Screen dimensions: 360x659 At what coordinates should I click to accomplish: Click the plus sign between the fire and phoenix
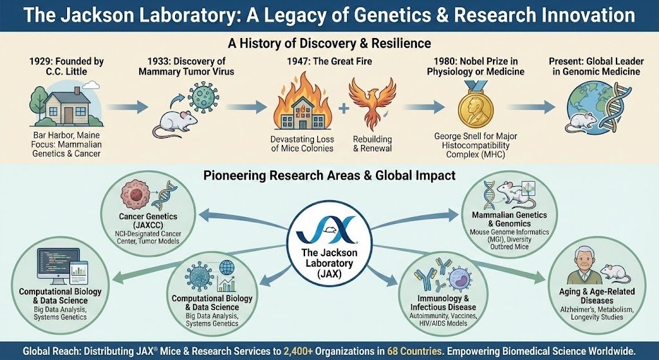(342, 109)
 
